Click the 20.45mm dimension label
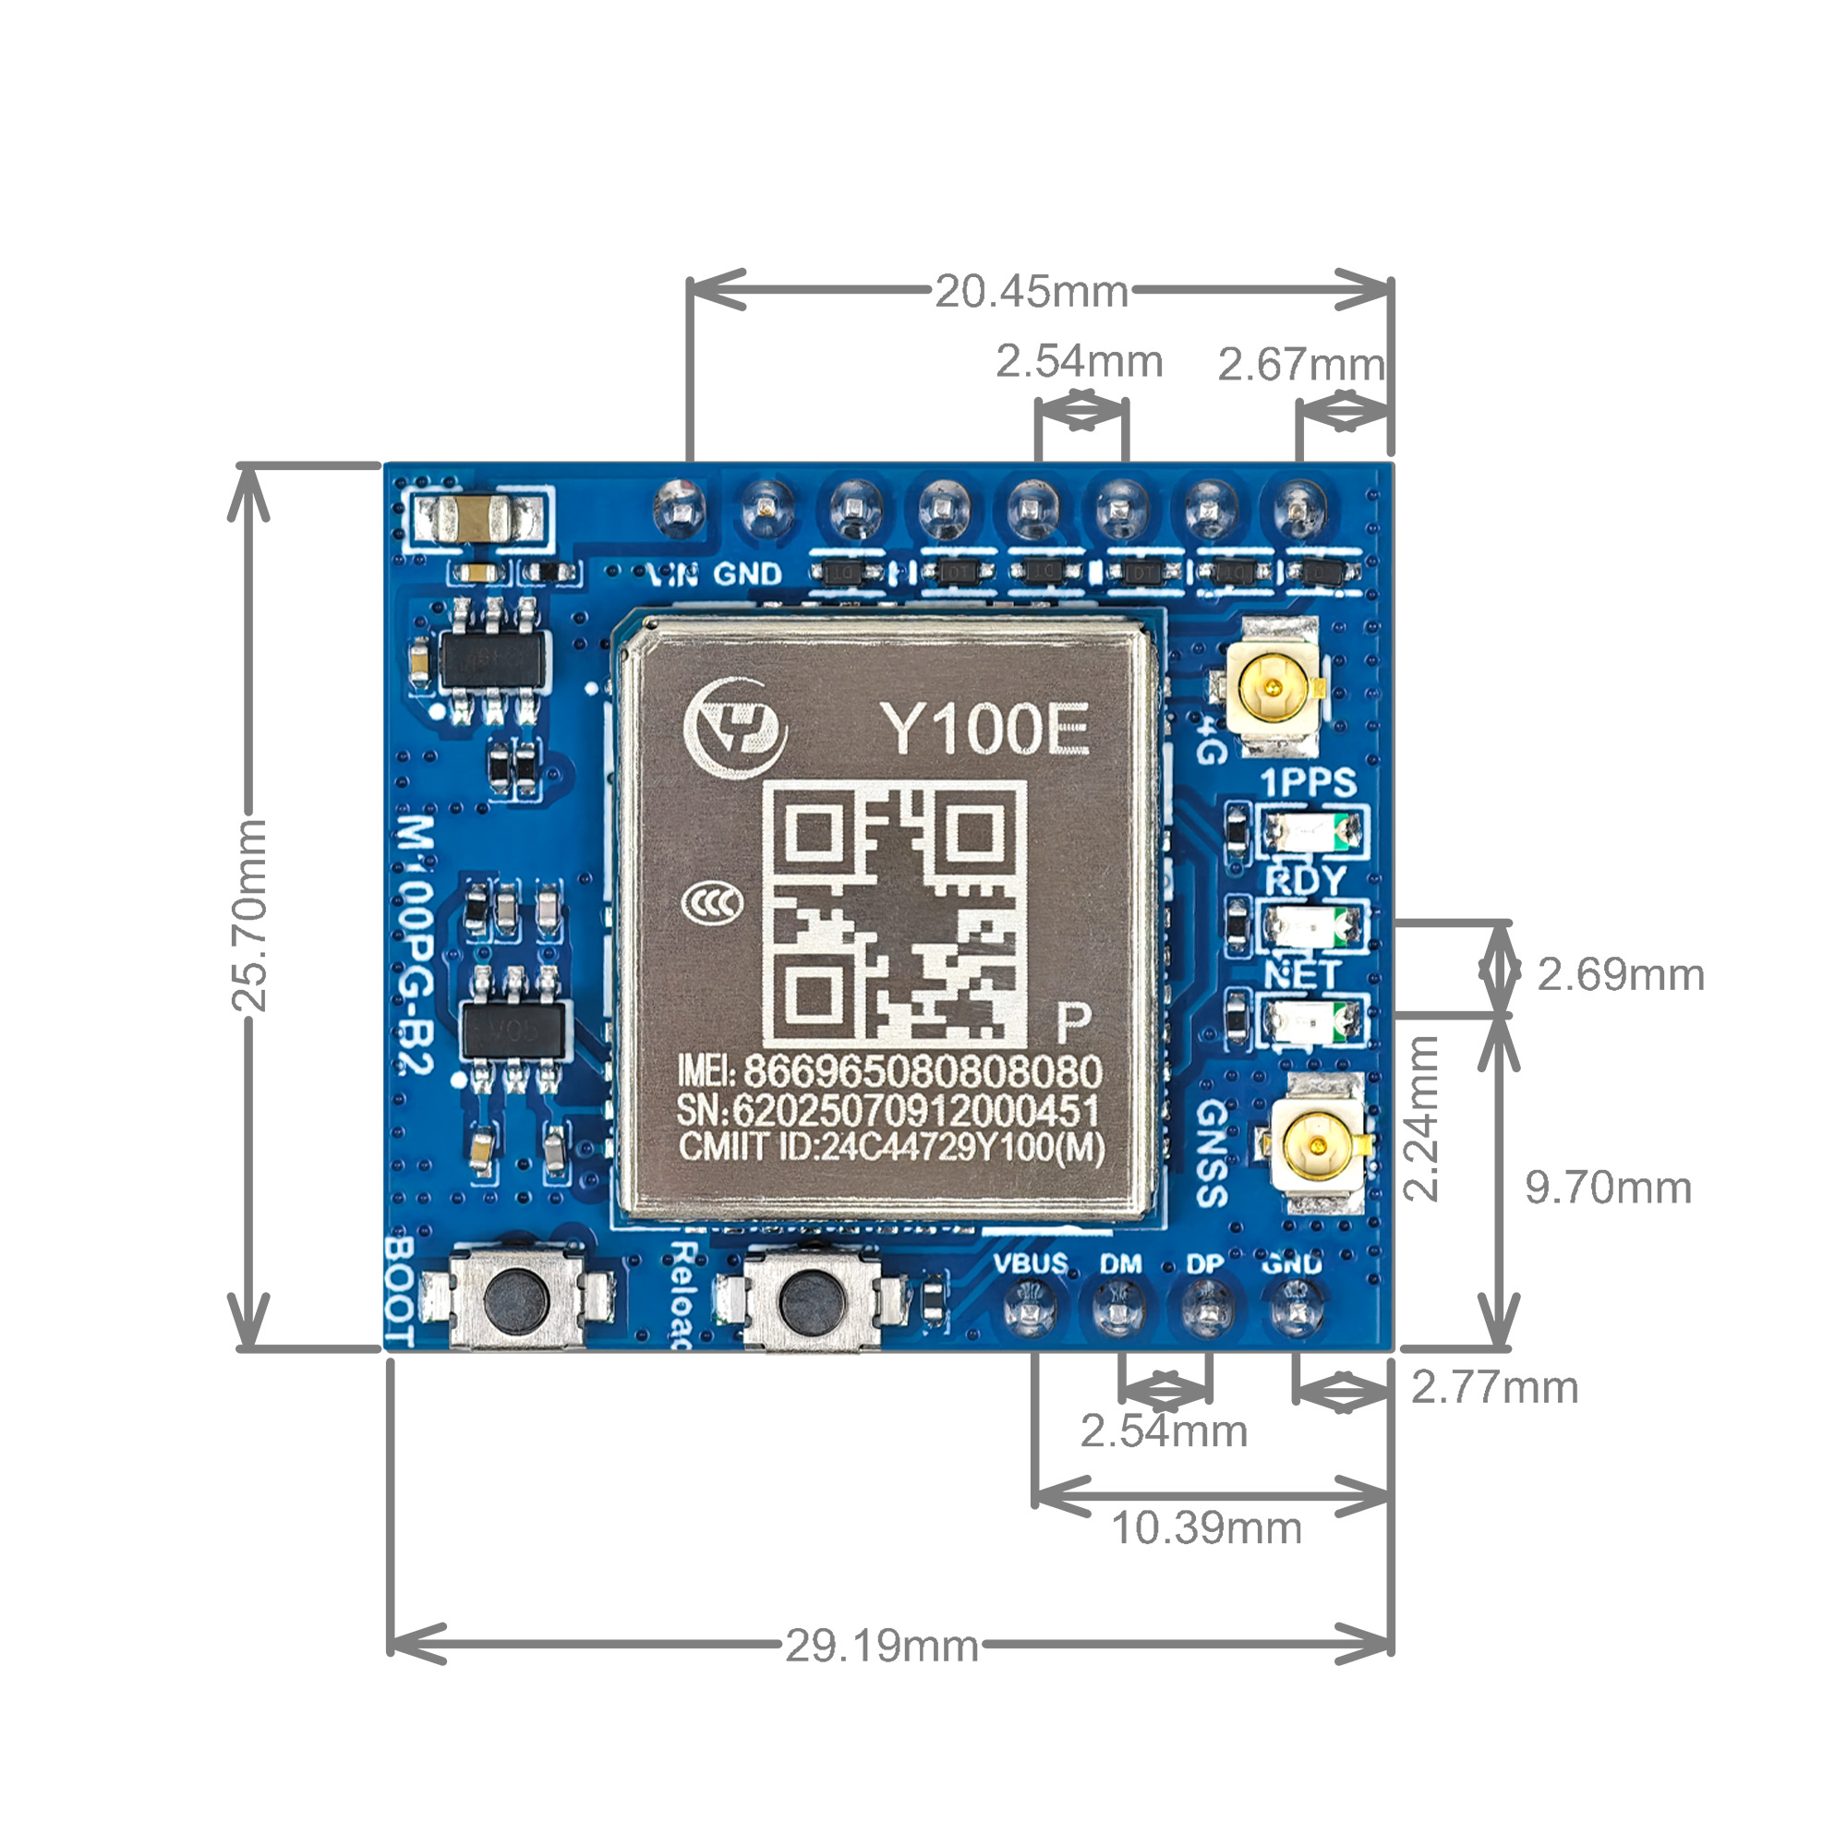coord(1031,292)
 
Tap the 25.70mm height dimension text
coord(249,915)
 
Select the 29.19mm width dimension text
coord(881,1647)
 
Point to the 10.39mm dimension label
coord(1205,1527)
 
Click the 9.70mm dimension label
coord(1608,1189)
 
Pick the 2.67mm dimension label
coord(1300,364)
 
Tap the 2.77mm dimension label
coord(1494,1388)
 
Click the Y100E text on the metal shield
coord(984,730)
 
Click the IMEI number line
coord(889,1071)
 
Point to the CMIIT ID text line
coord(891,1147)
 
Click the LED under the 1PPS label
coord(1310,831)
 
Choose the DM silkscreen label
coord(1120,1265)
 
